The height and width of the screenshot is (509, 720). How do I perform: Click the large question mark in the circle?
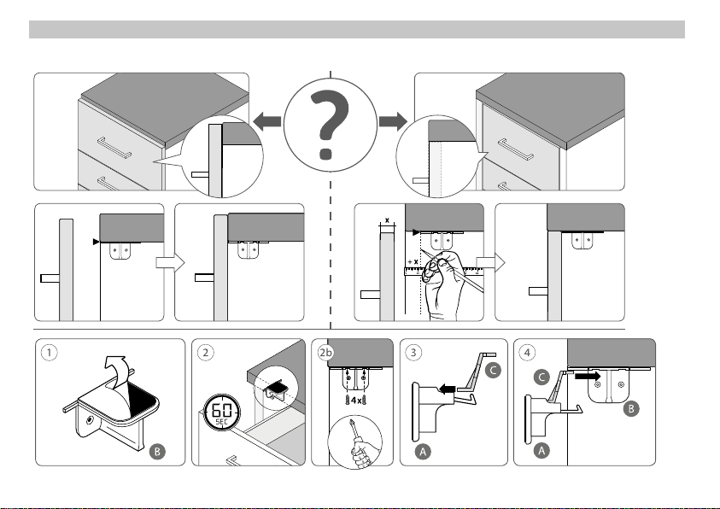point(329,125)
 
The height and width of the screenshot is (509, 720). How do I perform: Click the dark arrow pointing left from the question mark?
point(266,121)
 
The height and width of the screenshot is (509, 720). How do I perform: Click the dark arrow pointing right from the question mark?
point(393,121)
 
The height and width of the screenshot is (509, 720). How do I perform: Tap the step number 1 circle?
point(50,353)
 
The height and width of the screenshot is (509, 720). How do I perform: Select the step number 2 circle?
point(205,353)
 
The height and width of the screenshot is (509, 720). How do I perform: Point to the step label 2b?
point(325,353)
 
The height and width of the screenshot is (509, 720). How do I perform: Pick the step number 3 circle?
point(413,353)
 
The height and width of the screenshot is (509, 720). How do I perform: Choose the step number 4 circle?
point(527,353)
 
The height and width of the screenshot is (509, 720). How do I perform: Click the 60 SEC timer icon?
point(222,412)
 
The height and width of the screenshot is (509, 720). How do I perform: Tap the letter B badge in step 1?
point(157,452)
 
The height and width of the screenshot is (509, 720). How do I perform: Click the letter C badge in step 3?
point(493,370)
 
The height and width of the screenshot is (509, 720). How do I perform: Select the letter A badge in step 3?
point(423,452)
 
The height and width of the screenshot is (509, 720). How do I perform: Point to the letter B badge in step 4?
point(631,408)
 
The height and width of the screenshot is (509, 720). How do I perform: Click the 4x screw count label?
point(356,401)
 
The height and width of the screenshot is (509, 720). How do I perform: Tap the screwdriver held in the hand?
point(356,437)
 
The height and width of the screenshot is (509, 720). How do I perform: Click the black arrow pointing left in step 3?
point(447,389)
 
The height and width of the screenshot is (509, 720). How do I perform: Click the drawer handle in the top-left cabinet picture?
point(114,147)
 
